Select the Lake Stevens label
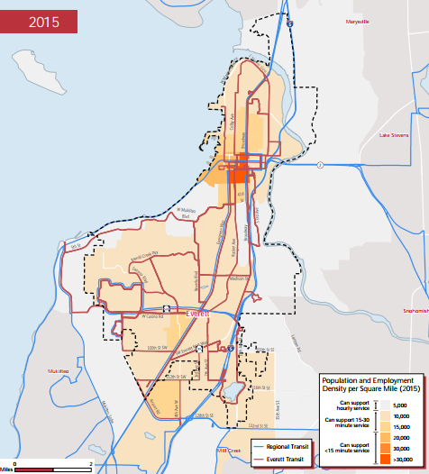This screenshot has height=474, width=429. pos(393,135)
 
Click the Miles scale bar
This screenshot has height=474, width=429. pos(52,469)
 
